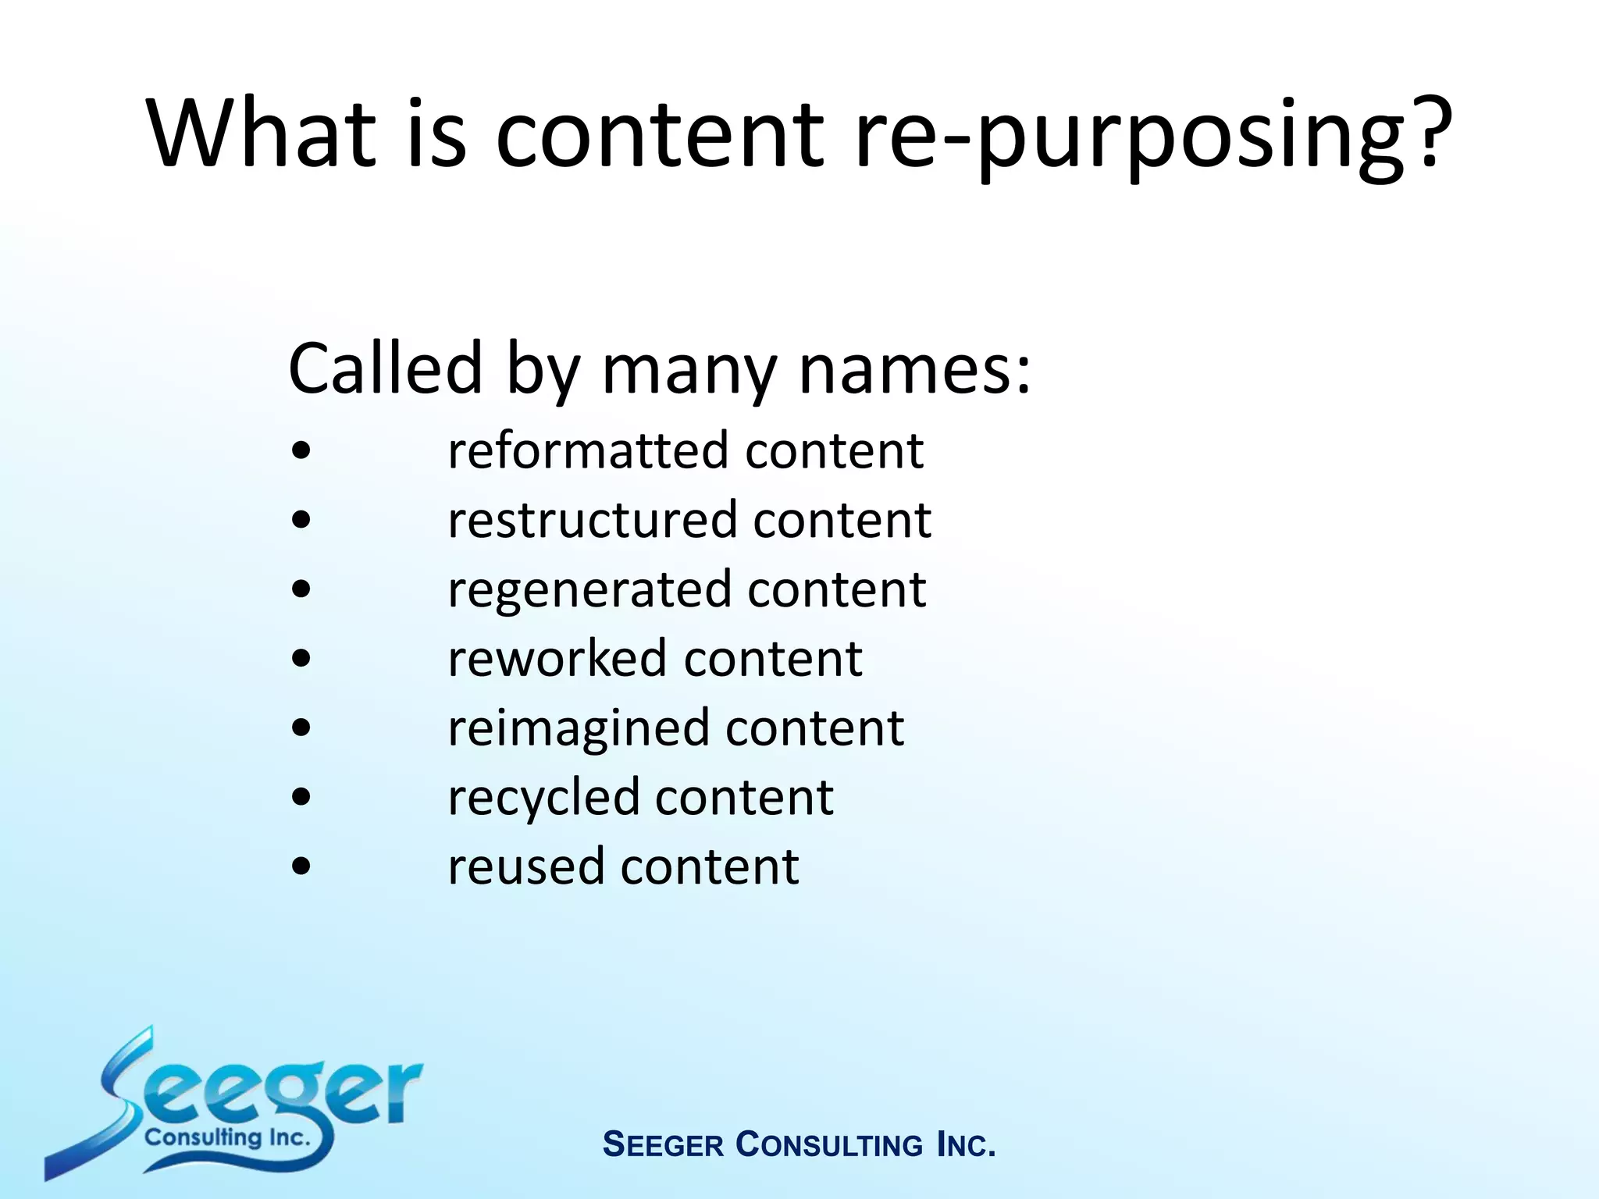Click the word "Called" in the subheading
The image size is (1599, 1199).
coord(385,368)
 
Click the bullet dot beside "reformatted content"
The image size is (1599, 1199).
coord(301,451)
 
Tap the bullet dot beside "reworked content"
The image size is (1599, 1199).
coord(301,659)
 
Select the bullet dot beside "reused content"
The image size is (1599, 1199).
coord(301,866)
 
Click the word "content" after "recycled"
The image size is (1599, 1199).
coord(744,798)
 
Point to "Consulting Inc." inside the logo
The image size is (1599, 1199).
coord(227,1137)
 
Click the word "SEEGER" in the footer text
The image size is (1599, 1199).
coord(664,1145)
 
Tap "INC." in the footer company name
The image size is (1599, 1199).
coord(966,1145)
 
